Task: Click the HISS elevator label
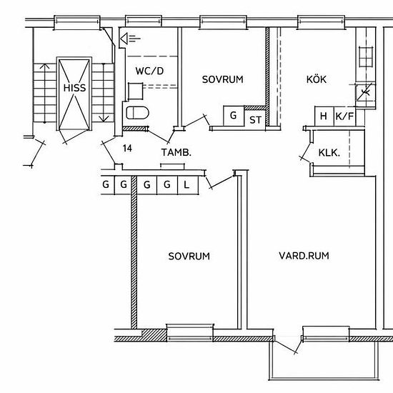[x=74, y=88]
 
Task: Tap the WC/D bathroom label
[x=149, y=71]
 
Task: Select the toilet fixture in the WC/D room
[x=137, y=113]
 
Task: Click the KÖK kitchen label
[x=317, y=79]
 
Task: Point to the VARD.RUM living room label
[x=304, y=256]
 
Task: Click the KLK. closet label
[x=329, y=153]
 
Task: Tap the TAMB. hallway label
[x=176, y=152]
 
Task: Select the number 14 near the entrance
[x=127, y=149]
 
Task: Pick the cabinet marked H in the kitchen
[x=324, y=116]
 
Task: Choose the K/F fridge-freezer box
[x=344, y=116]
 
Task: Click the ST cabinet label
[x=255, y=120]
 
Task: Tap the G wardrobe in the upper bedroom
[x=234, y=116]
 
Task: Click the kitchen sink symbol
[x=366, y=57]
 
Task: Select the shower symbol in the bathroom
[x=130, y=39]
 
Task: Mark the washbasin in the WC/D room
[x=136, y=91]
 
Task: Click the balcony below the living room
[x=323, y=360]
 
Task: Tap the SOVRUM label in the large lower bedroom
[x=189, y=256]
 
